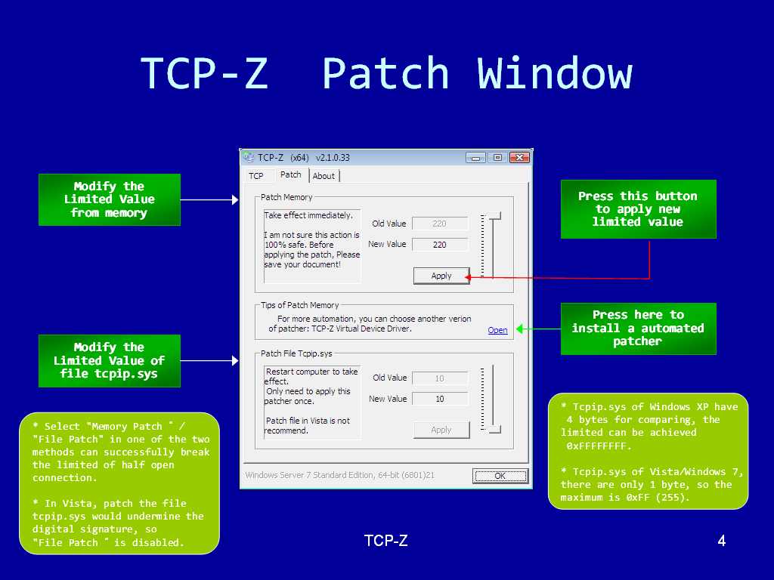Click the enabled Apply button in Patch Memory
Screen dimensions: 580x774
coord(441,276)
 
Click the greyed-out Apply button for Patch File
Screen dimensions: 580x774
coord(441,430)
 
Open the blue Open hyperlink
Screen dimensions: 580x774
coord(497,330)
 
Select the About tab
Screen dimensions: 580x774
coord(324,176)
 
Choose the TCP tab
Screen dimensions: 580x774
coord(256,176)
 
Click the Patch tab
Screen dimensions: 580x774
coord(290,174)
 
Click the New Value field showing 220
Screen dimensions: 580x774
coord(440,245)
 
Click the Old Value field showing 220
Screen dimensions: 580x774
coord(440,224)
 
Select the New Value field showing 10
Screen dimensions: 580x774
coord(440,399)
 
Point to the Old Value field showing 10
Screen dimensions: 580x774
coord(440,378)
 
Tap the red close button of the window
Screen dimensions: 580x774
coord(519,158)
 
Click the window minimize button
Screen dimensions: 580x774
coord(475,158)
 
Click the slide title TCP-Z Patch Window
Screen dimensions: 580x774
coord(386,73)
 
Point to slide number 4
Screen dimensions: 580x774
coord(721,541)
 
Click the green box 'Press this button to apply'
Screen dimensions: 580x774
coord(638,209)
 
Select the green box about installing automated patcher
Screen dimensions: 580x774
coord(638,329)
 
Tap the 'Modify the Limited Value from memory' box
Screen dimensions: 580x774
coord(110,199)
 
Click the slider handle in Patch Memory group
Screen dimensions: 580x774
coord(494,217)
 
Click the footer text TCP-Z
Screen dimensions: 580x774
coord(386,541)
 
